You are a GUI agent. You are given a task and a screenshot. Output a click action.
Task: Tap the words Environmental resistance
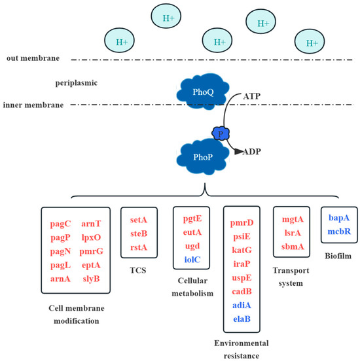242,347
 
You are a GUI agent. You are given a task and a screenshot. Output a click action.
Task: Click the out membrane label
30,58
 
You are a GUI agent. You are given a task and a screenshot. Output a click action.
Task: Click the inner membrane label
33,105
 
